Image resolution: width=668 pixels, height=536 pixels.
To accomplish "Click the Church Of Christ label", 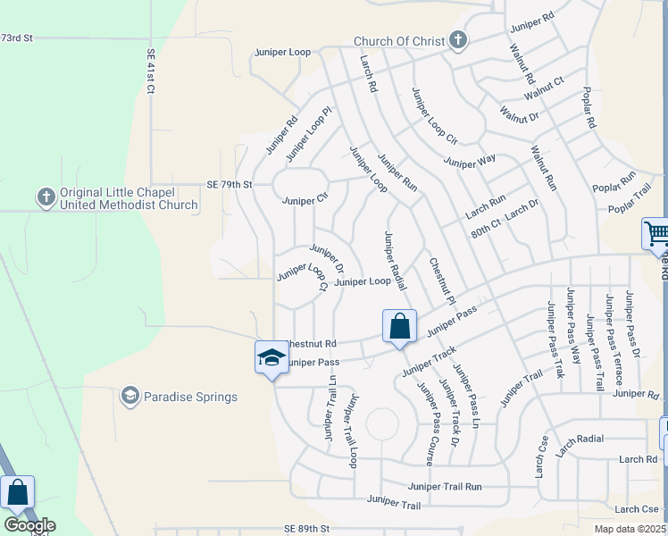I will (399, 41).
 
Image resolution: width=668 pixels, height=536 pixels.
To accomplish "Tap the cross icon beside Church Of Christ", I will (458, 40).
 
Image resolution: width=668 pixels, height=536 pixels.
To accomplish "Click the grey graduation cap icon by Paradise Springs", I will (130, 396).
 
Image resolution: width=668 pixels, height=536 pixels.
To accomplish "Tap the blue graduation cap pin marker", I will (271, 358).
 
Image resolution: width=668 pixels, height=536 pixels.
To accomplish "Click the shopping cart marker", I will (656, 235).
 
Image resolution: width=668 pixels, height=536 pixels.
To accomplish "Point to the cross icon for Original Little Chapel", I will (46, 196).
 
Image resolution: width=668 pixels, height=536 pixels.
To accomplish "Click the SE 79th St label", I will (231, 184).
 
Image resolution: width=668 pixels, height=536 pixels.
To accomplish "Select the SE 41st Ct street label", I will (151, 71).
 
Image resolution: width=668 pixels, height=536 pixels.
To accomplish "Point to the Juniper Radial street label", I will (395, 260).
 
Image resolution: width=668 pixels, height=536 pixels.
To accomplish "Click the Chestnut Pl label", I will (442, 281).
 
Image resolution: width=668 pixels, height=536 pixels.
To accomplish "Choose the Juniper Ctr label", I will (305, 200).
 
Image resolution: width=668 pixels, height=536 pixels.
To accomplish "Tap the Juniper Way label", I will (470, 162).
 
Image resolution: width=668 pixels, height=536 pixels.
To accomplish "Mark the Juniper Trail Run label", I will (445, 487).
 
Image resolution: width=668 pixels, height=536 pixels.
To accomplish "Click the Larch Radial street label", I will (579, 440).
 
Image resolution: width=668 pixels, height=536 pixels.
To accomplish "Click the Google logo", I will (29, 525).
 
